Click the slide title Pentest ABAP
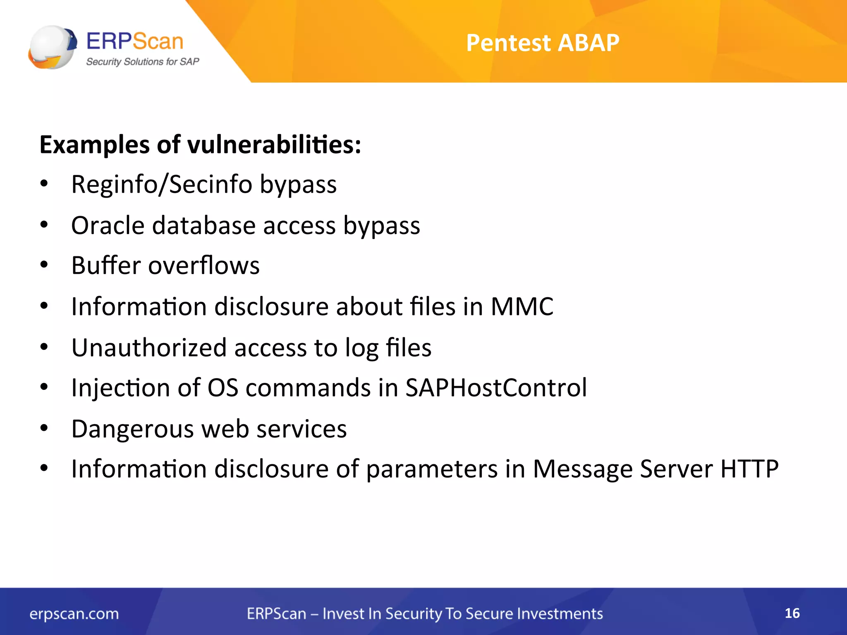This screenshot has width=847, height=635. [x=542, y=43]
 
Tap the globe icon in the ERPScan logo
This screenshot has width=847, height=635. [x=52, y=47]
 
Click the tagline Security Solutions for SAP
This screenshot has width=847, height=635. [x=142, y=62]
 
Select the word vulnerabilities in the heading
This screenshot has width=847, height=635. [x=274, y=145]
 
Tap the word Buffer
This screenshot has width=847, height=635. [x=106, y=265]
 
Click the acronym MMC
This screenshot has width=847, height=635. [x=522, y=307]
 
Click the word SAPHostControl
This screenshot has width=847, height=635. [x=496, y=388]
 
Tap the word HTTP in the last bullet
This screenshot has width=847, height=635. [x=749, y=469]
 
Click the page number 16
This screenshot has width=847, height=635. [x=792, y=613]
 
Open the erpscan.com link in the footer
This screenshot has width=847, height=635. [x=74, y=614]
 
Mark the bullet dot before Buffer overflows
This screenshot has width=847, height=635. [x=44, y=265]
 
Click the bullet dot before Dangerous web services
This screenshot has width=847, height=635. [x=44, y=428]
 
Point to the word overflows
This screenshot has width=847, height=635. [x=203, y=265]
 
